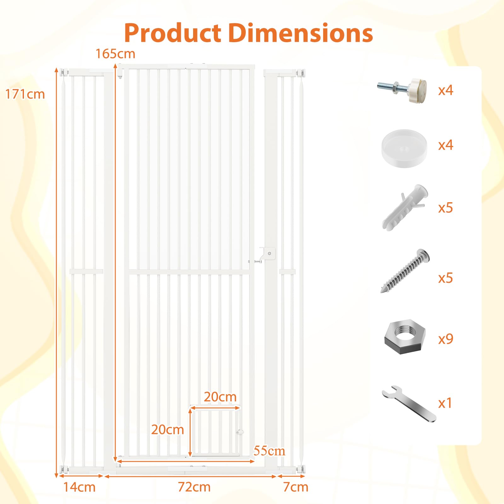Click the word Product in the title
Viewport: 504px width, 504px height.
(173, 33)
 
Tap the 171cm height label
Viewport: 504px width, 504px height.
(25, 94)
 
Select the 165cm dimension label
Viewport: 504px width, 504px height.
(115, 54)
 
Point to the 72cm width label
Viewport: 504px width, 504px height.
(194, 487)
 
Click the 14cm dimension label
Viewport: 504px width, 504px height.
(79, 487)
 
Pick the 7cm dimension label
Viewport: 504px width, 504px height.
(295, 487)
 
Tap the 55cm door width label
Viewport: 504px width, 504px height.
(269, 451)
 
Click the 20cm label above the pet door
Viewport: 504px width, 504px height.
(220, 397)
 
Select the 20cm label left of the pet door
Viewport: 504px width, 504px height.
(167, 430)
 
